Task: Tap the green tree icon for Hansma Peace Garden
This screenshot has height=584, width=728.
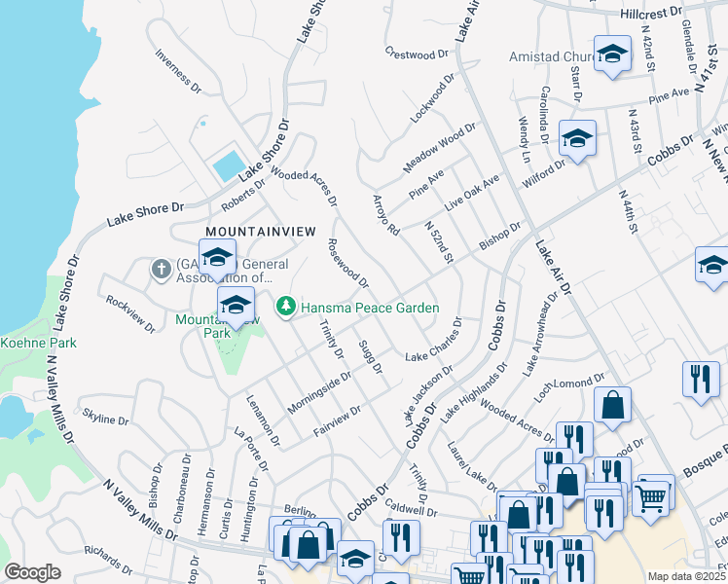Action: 285,308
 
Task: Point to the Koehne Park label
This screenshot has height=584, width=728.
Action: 38,343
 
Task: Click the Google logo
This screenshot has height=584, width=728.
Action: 32,571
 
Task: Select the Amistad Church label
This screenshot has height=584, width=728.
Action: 550,57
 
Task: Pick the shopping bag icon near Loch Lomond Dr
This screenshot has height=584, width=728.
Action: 612,407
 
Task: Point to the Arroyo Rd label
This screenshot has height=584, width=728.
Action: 386,215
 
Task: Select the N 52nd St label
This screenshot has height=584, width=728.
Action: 440,241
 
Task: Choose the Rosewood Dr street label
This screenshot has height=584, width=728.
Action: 347,264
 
